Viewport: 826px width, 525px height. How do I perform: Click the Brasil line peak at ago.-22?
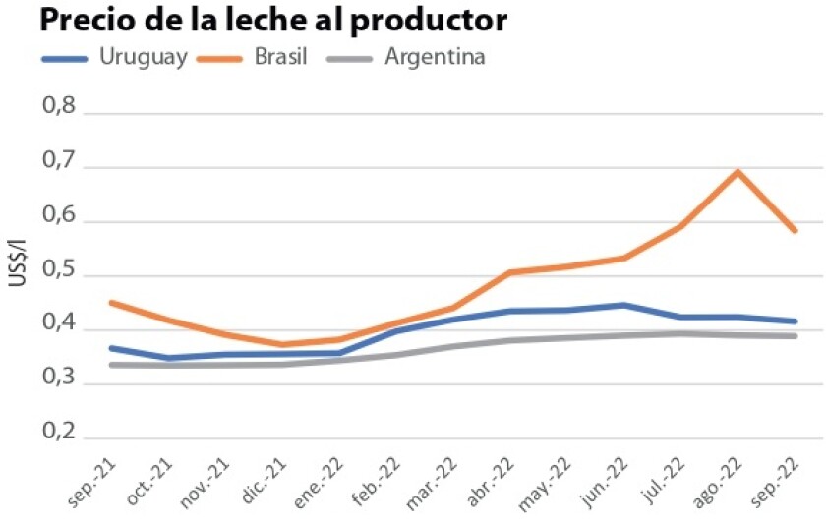click(x=737, y=172)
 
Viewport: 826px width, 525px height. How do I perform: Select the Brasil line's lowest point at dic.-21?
click(x=283, y=344)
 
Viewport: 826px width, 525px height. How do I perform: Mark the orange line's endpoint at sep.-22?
click(x=795, y=231)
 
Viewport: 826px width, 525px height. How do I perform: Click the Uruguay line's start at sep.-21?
click(x=111, y=348)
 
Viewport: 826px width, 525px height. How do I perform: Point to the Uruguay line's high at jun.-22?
click(x=623, y=305)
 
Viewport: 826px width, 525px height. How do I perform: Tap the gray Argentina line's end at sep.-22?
click(x=795, y=336)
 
